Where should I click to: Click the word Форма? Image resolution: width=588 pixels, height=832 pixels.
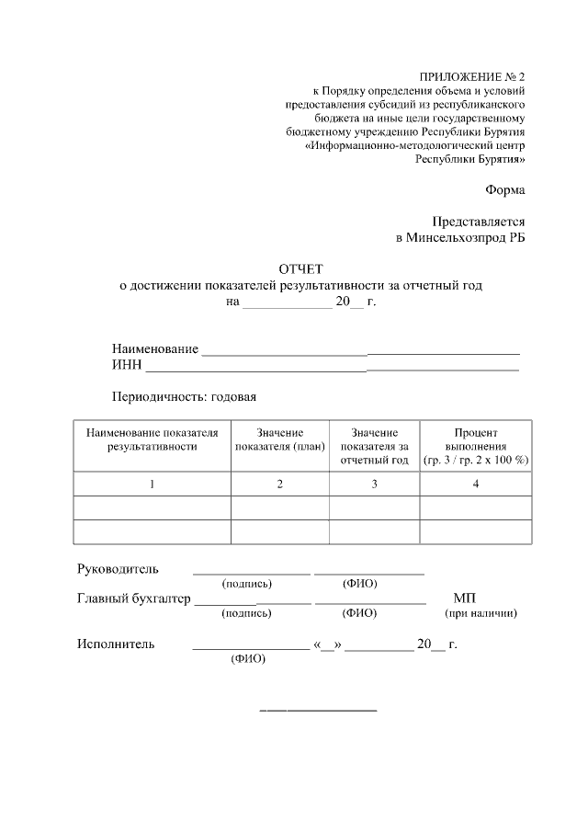[x=505, y=190]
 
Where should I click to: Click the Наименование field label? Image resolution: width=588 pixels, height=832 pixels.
[x=155, y=348]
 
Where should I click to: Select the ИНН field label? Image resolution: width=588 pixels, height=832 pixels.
[x=127, y=365]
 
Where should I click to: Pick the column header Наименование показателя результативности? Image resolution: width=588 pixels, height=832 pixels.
[x=152, y=439]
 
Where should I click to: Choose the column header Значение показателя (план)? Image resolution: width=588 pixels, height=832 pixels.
[x=280, y=439]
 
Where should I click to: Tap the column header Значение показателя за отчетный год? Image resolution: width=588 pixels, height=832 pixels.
[x=374, y=446]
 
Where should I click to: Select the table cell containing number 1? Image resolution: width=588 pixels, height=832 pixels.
[x=152, y=484]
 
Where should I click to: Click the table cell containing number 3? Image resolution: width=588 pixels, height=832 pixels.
[x=374, y=484]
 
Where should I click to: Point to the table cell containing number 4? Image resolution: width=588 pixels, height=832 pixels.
[x=476, y=484]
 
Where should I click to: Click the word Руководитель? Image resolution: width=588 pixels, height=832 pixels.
[x=118, y=569]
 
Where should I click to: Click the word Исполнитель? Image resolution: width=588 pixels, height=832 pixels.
[x=115, y=644]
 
